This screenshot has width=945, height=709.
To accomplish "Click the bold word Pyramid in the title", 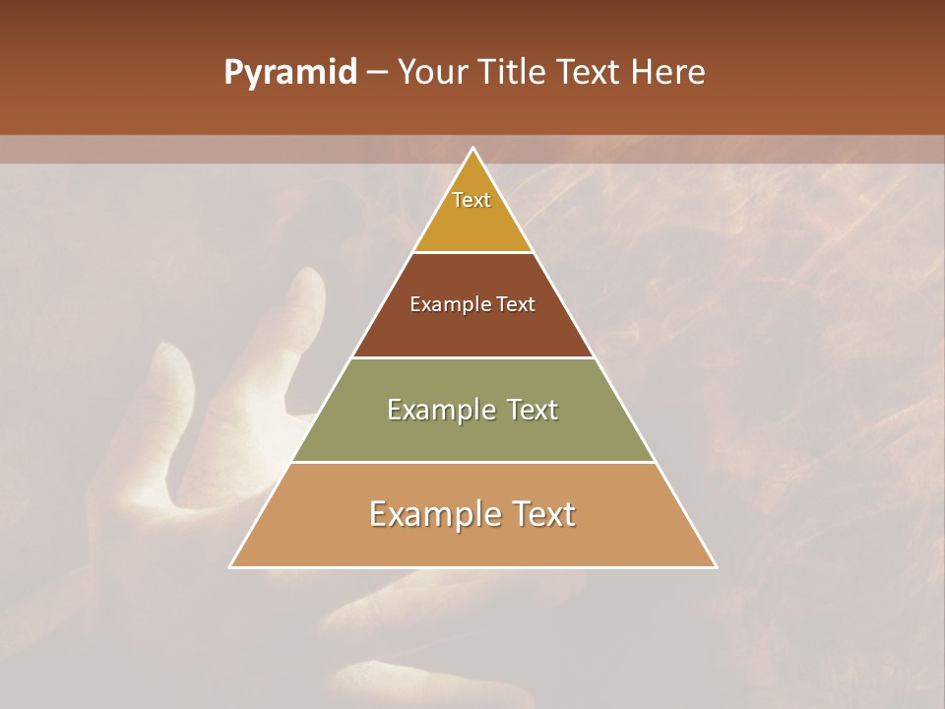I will [290, 73].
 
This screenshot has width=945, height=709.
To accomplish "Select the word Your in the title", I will [430, 73].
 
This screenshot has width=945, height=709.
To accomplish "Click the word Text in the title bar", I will [591, 73].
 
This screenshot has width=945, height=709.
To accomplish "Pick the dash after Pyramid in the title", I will [376, 73].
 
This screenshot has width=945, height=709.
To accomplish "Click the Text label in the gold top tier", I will [472, 200].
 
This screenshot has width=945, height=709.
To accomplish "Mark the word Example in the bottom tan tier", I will [433, 514].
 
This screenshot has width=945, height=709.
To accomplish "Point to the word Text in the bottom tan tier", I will [539, 514].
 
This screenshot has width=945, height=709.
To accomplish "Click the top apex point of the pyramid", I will [473, 149].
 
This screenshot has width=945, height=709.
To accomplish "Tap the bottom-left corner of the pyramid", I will [231, 567].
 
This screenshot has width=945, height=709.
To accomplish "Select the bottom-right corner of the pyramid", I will [716, 567].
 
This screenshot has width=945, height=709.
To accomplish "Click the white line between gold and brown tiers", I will [473, 253].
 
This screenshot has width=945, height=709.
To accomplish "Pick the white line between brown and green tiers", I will [473, 357].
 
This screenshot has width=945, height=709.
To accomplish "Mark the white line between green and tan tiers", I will [473, 462].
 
